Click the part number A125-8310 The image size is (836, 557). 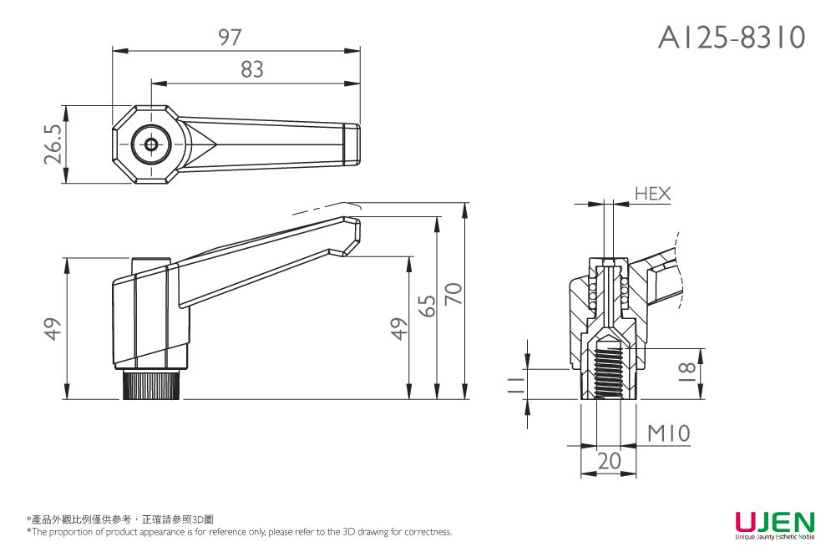732,38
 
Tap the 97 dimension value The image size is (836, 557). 230,38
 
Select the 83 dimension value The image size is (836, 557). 252,71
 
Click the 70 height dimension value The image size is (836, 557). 453,294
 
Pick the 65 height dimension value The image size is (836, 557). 426,306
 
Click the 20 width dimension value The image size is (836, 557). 609,460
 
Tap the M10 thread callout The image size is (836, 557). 669,433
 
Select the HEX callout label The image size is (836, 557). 652,194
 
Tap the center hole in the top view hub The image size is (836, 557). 151,144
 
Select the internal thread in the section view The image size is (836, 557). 610,372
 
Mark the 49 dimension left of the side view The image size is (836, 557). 53,328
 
